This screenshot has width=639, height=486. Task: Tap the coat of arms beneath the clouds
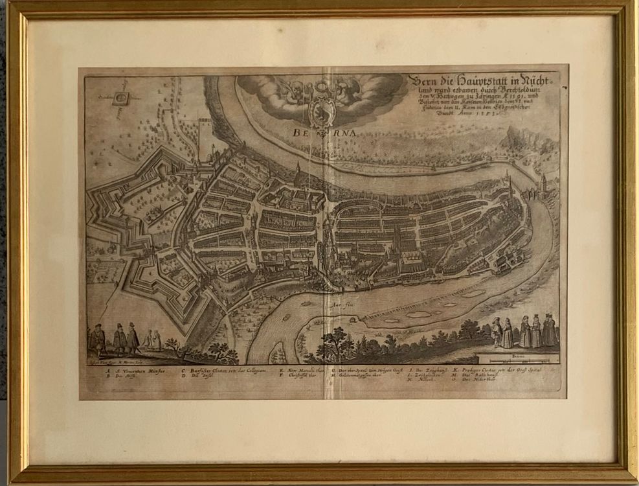point(319,110)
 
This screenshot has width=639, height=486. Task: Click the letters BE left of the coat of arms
point(300,132)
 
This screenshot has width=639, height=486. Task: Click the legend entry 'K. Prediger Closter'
point(497,370)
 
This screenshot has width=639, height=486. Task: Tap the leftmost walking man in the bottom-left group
point(98,339)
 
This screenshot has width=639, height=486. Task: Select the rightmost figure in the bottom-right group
point(550,330)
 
